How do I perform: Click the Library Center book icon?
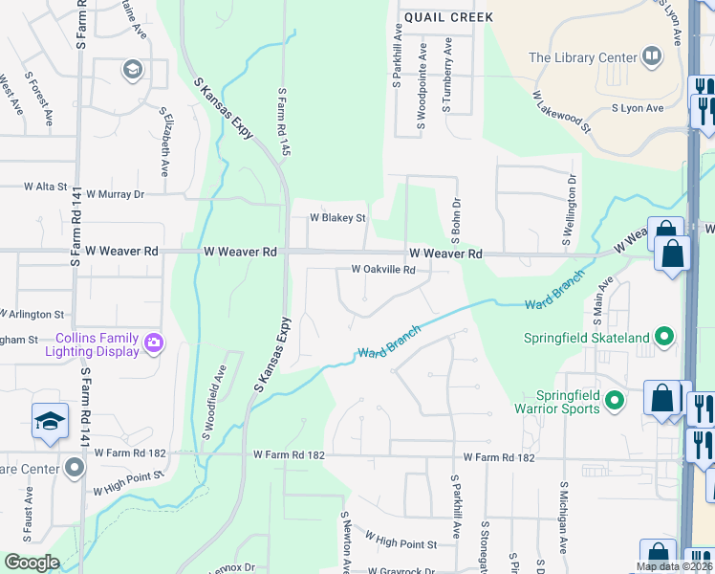(x=653, y=56)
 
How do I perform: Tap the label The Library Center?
(x=583, y=57)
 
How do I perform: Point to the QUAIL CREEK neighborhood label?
(x=448, y=17)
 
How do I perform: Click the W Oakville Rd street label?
(x=383, y=270)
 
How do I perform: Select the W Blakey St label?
(x=337, y=218)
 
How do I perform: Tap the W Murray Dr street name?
(x=115, y=193)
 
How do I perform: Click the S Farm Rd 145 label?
(x=283, y=122)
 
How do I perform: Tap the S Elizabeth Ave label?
(x=164, y=141)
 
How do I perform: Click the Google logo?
(x=32, y=563)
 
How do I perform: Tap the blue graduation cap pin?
(x=50, y=422)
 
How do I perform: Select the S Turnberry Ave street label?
(x=446, y=75)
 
